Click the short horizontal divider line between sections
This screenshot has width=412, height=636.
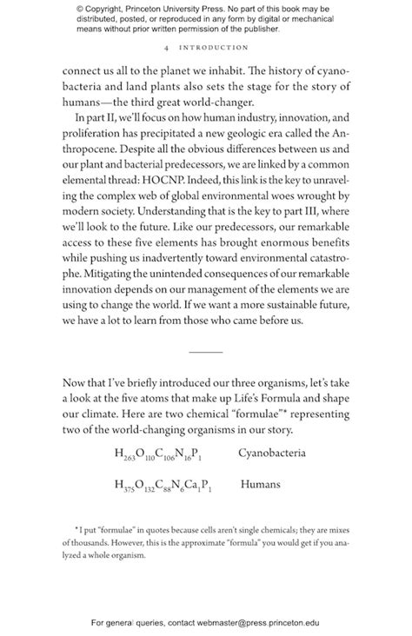(x=205, y=351)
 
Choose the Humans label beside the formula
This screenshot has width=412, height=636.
(x=261, y=484)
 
